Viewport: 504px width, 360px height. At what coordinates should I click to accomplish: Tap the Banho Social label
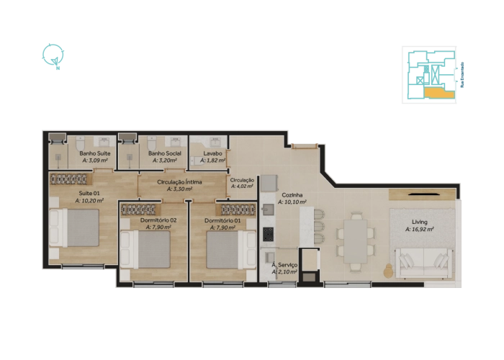164,153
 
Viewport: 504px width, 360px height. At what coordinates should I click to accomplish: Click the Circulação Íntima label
184,183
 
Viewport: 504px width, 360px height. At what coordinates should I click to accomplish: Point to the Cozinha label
291,194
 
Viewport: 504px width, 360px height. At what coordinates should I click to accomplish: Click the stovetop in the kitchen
268,235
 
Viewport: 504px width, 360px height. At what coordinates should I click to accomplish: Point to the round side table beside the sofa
390,271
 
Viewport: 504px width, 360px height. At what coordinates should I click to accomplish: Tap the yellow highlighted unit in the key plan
436,92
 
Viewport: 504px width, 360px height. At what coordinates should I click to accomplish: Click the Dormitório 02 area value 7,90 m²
158,228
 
